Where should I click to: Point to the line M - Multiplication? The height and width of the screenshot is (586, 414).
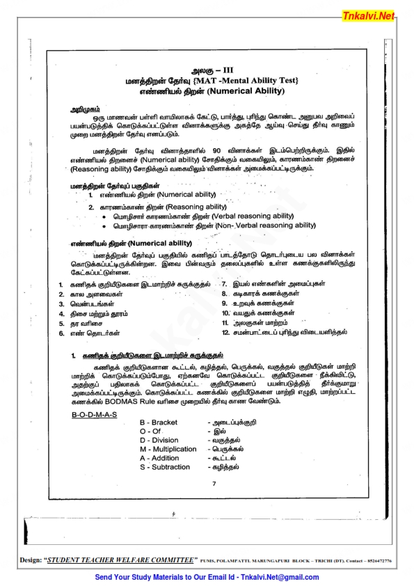coord(168,449)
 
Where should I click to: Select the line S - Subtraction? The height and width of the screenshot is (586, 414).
coord(164,467)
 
